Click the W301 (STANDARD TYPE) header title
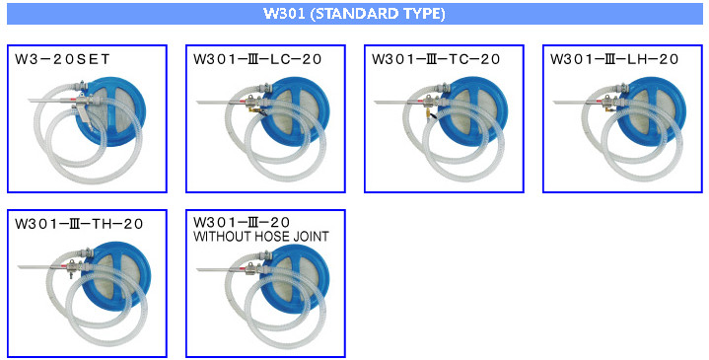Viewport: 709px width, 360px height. tap(355, 14)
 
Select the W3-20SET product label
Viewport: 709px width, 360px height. tap(62, 59)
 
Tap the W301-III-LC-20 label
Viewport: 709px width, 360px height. tap(257, 59)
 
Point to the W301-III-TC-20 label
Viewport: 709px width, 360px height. tap(436, 59)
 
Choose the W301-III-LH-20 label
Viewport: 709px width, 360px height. tap(614, 59)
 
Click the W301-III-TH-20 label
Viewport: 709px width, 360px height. tap(79, 224)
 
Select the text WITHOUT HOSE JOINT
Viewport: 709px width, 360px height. tap(261, 236)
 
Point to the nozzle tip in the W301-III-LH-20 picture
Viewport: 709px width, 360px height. tap(554, 103)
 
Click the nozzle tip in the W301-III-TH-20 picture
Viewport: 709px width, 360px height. tap(19, 267)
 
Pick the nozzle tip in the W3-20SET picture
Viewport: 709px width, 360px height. tap(29, 99)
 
